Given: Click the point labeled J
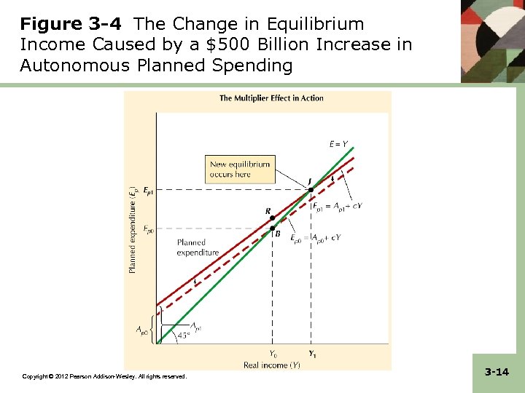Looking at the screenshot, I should [310, 189].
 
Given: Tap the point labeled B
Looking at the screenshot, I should [273, 229].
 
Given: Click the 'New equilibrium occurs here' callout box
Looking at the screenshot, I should [240, 170].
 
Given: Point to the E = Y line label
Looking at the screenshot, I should [338, 144].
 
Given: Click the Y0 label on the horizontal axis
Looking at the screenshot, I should [273, 354].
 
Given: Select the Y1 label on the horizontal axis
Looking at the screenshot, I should [312, 354].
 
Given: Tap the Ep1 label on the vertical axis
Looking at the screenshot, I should [148, 190].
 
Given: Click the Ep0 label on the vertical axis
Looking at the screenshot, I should [148, 229].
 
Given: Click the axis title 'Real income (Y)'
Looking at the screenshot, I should [271, 365].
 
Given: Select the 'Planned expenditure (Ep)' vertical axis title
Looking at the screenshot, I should [133, 229].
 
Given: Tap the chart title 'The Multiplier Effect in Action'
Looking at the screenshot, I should [271, 98].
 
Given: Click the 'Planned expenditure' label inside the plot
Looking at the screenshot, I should [198, 247].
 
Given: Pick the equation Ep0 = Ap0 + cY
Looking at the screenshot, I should [315, 237].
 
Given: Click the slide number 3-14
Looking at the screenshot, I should [497, 372].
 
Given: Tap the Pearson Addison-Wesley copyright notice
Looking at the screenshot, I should [104, 376].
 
